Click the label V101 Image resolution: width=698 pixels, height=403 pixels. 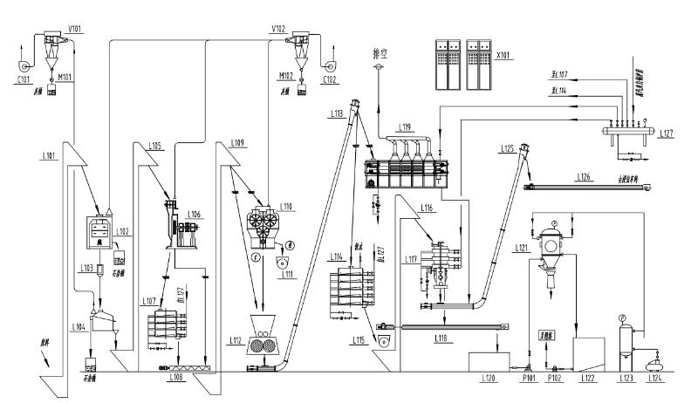pyautogui.click(x=77, y=29)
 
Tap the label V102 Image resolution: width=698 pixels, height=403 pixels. pyautogui.click(x=278, y=29)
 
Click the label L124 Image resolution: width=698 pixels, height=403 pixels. pyautogui.click(x=652, y=379)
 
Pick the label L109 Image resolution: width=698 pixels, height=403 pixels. pyautogui.click(x=239, y=141)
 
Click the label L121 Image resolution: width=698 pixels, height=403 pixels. pyautogui.click(x=520, y=249)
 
